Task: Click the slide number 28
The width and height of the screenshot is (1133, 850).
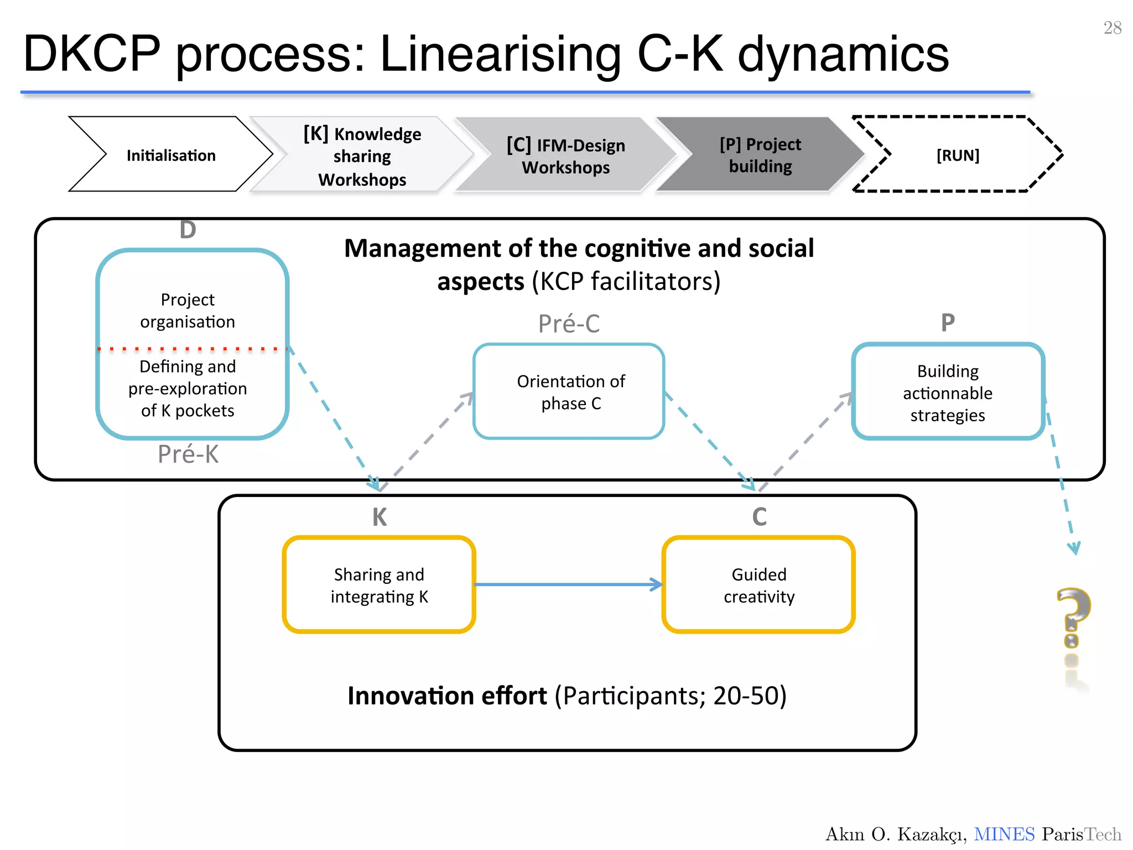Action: click(x=1112, y=28)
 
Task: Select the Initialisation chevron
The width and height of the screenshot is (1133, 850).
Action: click(x=170, y=155)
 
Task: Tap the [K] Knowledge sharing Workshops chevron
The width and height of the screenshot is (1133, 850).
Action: click(x=362, y=156)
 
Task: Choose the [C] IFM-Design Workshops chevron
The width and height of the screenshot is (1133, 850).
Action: click(x=565, y=156)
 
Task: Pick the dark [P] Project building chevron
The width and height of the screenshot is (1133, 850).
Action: click(x=760, y=155)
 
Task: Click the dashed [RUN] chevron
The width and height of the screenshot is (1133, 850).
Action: click(x=957, y=155)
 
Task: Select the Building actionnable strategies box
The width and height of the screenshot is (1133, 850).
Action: click(x=947, y=392)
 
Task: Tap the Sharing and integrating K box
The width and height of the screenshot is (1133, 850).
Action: click(x=379, y=585)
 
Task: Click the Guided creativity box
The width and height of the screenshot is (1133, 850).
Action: click(x=758, y=585)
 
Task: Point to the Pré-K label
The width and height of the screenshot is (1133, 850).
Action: click(x=188, y=454)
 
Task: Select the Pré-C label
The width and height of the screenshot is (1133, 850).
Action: click(x=569, y=324)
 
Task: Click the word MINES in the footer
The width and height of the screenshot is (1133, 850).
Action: click(x=1004, y=834)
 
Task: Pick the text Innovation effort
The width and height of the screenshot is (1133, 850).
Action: click(x=447, y=696)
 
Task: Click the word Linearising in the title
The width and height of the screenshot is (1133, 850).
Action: click(x=501, y=54)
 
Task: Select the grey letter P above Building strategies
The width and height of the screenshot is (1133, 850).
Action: click(x=948, y=323)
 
